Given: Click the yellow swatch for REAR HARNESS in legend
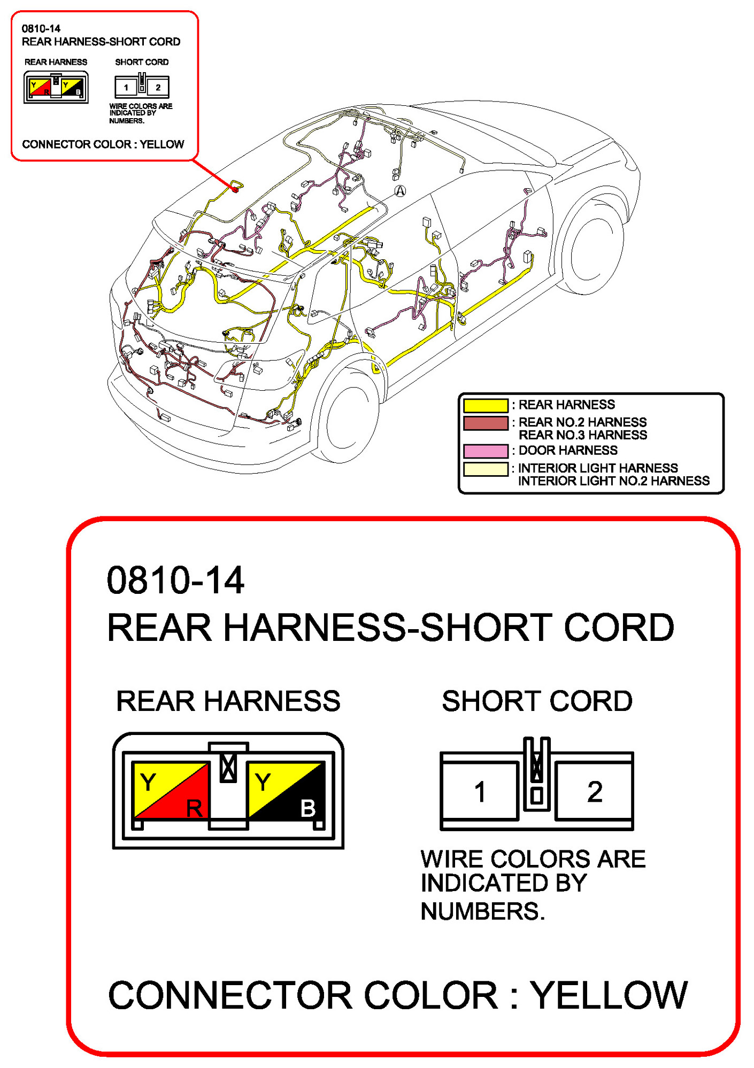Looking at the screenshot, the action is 485,405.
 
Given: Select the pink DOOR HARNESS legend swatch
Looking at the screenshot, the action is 485,451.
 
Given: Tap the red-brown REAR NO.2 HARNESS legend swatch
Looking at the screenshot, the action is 485,423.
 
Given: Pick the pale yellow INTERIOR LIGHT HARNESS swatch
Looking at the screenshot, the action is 485,469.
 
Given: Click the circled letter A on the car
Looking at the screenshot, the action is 400,191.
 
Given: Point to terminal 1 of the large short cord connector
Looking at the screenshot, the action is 480,792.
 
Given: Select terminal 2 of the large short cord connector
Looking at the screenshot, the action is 594,792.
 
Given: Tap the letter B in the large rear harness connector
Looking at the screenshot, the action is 308,808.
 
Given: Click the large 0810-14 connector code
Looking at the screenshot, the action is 175,581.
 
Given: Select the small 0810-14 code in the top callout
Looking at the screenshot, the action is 41,29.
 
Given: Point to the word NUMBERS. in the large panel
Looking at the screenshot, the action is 482,911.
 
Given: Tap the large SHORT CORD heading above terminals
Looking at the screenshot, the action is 537,701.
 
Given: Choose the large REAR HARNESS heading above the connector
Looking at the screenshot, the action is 228,701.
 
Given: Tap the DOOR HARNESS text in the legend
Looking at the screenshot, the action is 568,451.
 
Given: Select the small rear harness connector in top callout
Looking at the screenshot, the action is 56,87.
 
